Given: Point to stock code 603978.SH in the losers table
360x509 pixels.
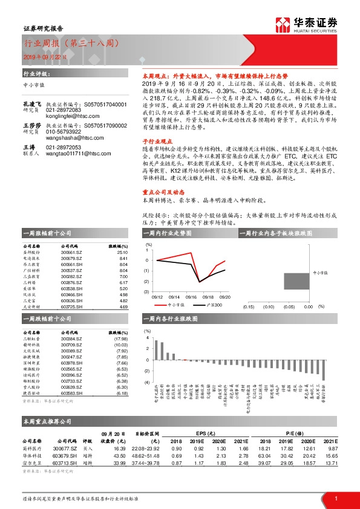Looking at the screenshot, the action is [x=72, y=362].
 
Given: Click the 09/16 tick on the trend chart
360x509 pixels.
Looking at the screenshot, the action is [x=192, y=297].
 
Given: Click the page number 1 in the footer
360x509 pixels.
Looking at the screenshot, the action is [x=335, y=498].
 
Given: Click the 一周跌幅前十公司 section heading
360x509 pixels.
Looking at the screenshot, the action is [x=47, y=318].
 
